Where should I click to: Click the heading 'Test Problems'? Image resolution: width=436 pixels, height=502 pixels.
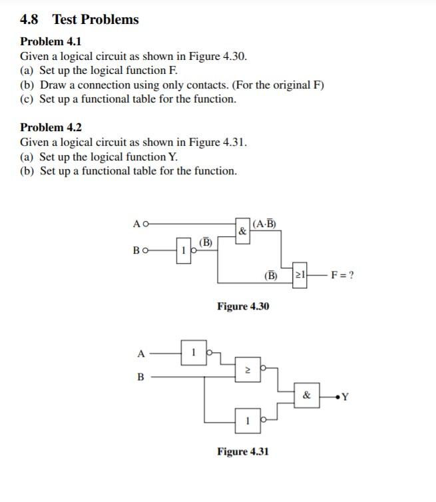pos(96,19)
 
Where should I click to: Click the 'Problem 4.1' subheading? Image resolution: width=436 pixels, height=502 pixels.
pos(51,41)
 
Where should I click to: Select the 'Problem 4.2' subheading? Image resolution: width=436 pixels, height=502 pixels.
pos(51,127)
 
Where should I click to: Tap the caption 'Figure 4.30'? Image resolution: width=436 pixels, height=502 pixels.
pos(243,306)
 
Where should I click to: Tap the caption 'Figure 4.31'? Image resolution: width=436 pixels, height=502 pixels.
pos(243,451)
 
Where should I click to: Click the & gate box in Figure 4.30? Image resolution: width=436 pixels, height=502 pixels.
pos(243,230)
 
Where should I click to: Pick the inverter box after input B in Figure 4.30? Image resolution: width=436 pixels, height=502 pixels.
pos(184,250)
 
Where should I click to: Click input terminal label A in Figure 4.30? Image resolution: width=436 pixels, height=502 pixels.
pos(136,224)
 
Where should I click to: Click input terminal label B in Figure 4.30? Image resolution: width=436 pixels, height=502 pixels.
pos(136,250)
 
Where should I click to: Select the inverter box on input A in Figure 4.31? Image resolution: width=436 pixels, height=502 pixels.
pos(192,351)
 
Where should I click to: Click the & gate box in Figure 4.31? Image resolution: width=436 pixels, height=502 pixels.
pos(307,395)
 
